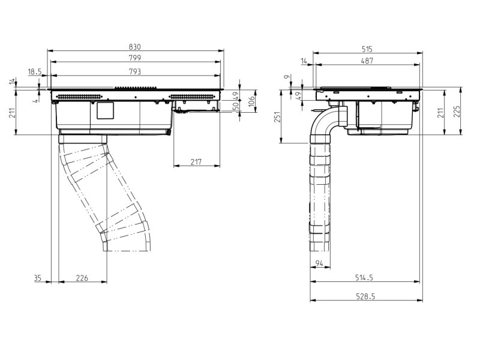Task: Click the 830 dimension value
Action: click(x=134, y=47)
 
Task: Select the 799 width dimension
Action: click(x=134, y=58)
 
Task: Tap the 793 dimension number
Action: click(x=134, y=71)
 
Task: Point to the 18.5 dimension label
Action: click(x=35, y=71)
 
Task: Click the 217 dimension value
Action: click(x=196, y=161)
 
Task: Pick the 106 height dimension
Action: click(x=251, y=101)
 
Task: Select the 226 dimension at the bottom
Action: click(x=82, y=278)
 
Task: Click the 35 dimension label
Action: click(x=37, y=278)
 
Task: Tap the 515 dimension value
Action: click(x=367, y=49)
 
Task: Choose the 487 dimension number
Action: click(x=367, y=61)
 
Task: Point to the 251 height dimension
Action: click(x=277, y=116)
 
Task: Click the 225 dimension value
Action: click(x=457, y=112)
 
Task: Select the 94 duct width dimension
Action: click(x=319, y=263)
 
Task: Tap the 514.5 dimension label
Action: click(x=364, y=277)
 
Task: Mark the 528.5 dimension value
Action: click(x=365, y=296)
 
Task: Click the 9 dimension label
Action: click(x=287, y=77)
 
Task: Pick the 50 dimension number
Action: click(x=236, y=106)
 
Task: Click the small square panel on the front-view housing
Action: click(x=106, y=110)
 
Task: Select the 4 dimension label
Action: click(x=36, y=100)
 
